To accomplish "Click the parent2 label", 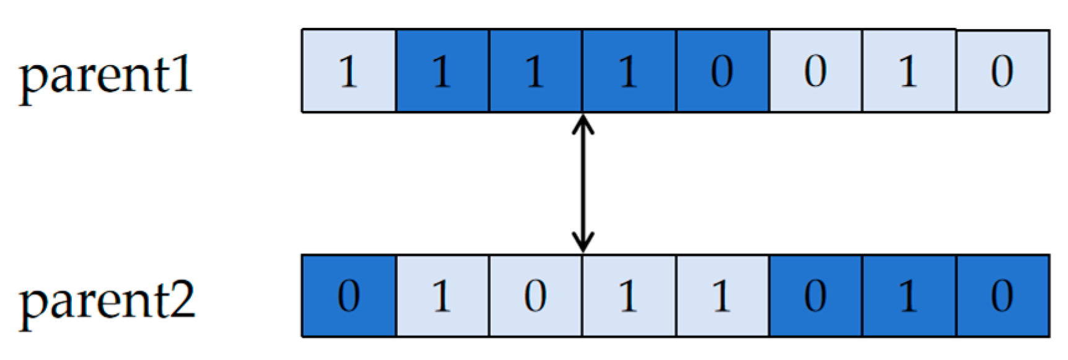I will pos(107,301).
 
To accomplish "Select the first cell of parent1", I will pos(349,71).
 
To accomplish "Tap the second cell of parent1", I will pos(442,71).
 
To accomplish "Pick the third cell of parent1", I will pos(535,71).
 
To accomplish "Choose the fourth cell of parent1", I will pos(629,71).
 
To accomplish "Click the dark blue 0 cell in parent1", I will pos(722,71).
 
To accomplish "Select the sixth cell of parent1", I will pos(815,71).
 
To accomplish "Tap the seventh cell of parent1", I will pos(909,71).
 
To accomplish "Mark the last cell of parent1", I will pos(1002,71).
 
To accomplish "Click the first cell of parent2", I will pos(349,296).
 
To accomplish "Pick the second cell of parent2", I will pos(442,296).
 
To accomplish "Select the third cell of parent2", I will pos(535,296).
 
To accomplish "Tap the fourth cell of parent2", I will pos(629,296).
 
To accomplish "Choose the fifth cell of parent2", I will pos(722,296).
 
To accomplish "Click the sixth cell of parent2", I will pos(815,296).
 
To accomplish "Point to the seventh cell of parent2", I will pos(909,296).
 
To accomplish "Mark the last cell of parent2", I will pos(1002,296).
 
